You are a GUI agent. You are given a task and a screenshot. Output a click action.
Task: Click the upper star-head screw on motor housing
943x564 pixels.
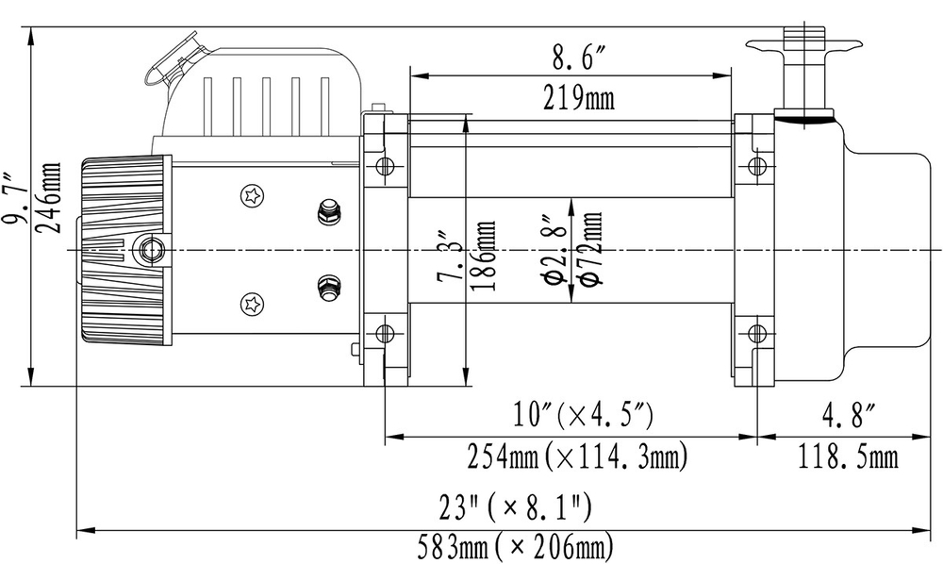252,195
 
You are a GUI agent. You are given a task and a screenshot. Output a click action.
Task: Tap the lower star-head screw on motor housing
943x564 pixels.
252,305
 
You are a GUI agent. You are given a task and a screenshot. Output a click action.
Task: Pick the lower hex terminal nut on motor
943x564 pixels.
329,285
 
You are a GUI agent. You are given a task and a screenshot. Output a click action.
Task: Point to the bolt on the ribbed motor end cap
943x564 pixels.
149,249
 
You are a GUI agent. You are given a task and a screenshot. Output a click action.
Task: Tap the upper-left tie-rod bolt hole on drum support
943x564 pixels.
384,167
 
